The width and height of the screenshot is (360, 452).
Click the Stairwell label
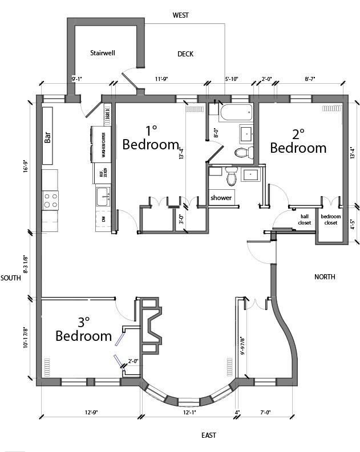(x=103, y=54)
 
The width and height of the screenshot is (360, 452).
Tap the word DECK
(x=185, y=54)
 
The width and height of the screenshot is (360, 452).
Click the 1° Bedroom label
(x=151, y=138)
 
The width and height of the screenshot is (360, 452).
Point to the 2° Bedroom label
(x=298, y=141)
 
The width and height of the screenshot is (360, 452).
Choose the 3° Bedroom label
(x=83, y=329)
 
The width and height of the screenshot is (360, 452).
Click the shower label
(x=221, y=198)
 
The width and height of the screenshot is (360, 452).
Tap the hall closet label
(x=305, y=220)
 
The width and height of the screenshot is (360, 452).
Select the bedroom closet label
(x=330, y=220)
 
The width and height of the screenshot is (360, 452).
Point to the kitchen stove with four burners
(x=50, y=200)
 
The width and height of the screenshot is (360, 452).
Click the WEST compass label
(x=180, y=15)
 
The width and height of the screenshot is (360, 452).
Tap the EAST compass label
(x=209, y=435)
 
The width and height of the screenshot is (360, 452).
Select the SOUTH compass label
(x=11, y=279)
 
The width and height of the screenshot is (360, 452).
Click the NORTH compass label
(x=325, y=277)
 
